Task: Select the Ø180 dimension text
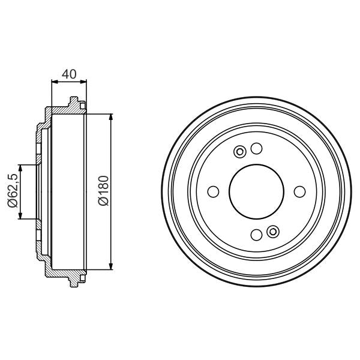point(102,191)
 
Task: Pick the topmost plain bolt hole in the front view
point(256,148)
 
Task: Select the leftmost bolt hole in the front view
point(213,192)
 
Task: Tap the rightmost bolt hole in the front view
point(300,192)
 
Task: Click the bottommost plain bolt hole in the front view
point(257,235)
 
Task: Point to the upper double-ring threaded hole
point(239,152)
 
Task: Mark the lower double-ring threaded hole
point(274,232)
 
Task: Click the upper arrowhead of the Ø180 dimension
point(112,117)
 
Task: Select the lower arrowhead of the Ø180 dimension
point(112,265)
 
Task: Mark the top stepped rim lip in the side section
point(76,103)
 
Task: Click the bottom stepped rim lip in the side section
point(76,280)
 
